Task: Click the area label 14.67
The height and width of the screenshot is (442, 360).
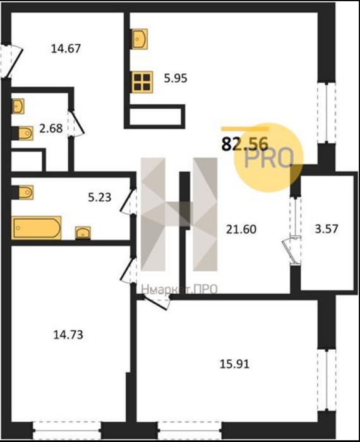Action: pyautogui.click(x=66, y=49)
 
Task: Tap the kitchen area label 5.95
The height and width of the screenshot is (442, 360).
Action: pyautogui.click(x=176, y=78)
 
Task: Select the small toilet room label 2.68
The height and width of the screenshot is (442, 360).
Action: pyautogui.click(x=51, y=128)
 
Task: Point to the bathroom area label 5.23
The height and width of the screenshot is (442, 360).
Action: pyautogui.click(x=100, y=197)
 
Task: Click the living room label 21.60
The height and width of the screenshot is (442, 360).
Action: pyautogui.click(x=241, y=229)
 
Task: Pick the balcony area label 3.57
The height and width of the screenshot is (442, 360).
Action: pyautogui.click(x=327, y=229)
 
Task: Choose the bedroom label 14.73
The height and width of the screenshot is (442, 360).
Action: pyautogui.click(x=68, y=335)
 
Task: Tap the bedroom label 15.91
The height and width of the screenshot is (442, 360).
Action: pyautogui.click(x=234, y=364)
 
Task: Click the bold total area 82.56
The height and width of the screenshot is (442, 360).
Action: pyautogui.click(x=244, y=144)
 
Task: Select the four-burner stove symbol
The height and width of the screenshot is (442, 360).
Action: pyautogui.click(x=142, y=81)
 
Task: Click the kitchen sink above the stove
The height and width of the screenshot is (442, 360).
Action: pyautogui.click(x=140, y=39)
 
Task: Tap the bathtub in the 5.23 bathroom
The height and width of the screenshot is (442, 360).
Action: pyautogui.click(x=37, y=228)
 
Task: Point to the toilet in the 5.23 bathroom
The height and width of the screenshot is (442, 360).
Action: pyautogui.click(x=26, y=192)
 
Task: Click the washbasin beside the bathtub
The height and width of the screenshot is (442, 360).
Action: pyautogui.click(x=83, y=233)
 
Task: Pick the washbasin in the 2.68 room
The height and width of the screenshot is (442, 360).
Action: pyautogui.click(x=18, y=106)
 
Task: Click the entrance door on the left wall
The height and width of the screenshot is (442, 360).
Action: pyautogui.click(x=11, y=61)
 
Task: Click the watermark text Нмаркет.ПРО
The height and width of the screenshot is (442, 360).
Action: pyautogui.click(x=179, y=289)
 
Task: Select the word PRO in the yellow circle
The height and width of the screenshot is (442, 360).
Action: pyautogui.click(x=268, y=158)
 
